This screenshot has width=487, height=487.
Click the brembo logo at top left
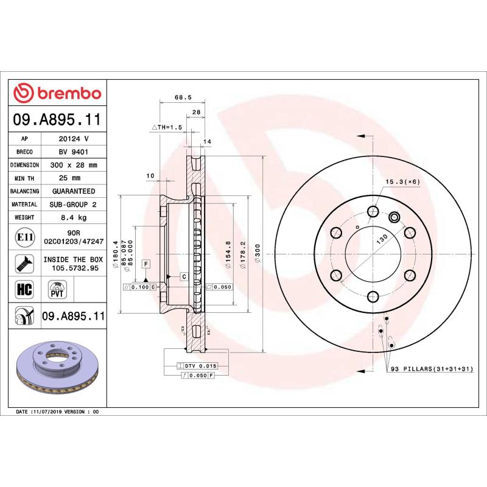point(57,93)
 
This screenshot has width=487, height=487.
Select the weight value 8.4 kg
point(73,217)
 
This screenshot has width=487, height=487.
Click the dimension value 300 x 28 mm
point(73,165)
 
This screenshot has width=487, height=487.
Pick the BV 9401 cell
point(73,152)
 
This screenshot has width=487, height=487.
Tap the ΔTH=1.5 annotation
point(166,127)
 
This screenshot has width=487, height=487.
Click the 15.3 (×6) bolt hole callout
point(402,181)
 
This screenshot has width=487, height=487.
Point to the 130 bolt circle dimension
point(381,239)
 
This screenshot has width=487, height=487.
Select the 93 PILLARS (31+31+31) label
point(431,370)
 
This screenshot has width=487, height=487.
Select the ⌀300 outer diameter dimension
point(258,252)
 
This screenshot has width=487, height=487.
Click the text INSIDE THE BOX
point(73,259)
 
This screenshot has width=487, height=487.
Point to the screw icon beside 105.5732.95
point(24,263)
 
